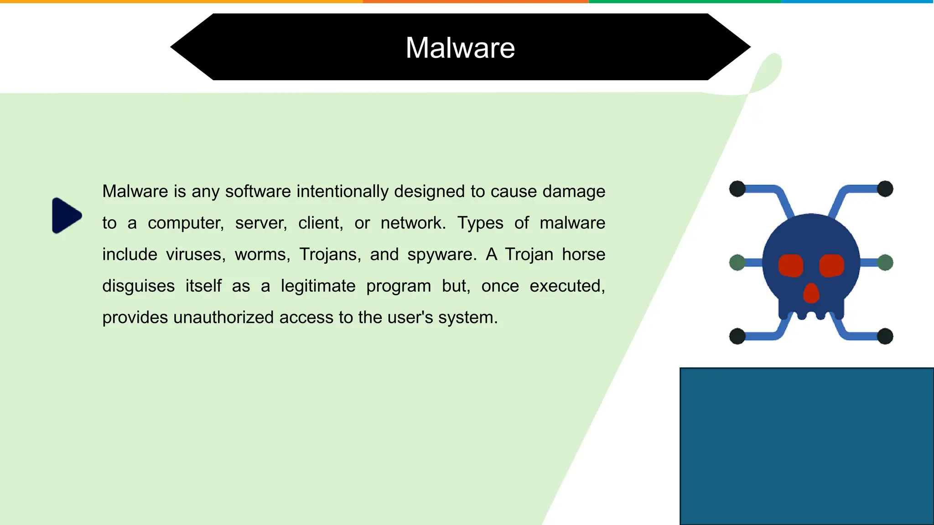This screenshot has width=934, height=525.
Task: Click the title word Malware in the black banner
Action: coord(460,48)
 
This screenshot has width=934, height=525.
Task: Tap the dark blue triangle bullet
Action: coord(66,216)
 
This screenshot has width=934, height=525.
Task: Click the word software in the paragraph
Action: coord(258,191)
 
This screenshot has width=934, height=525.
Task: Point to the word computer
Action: coord(186,223)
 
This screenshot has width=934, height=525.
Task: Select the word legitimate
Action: coord(318,286)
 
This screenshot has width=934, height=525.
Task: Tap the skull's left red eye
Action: coord(790,266)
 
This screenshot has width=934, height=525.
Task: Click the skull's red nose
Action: coord(811,293)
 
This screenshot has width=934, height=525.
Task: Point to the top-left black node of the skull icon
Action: coord(737,189)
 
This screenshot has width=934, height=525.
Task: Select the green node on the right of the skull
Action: coord(885,262)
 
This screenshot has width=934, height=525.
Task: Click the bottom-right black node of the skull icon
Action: coord(885,336)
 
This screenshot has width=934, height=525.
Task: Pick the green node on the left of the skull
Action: coord(737,262)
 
